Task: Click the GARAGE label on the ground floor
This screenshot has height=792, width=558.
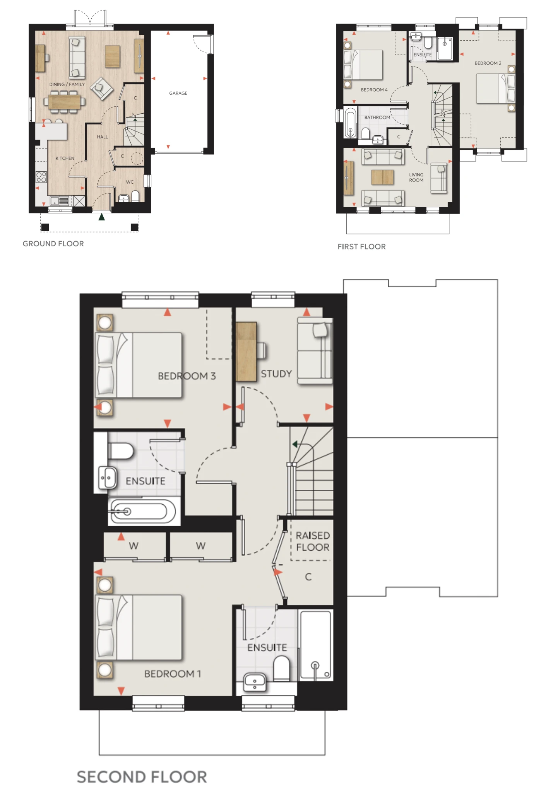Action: (178, 93)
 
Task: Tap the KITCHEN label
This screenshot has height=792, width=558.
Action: (65, 158)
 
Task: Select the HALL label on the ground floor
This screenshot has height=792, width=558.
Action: (103, 137)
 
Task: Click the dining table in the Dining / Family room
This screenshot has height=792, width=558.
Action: (65, 102)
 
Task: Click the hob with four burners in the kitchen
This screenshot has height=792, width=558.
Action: (41, 177)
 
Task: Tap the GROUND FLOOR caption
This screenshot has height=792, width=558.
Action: (53, 244)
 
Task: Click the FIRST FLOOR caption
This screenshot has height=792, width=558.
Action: (361, 247)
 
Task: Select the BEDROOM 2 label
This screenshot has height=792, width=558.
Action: (488, 63)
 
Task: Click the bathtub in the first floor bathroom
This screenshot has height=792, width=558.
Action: (350, 123)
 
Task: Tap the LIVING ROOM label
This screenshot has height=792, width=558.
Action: (416, 178)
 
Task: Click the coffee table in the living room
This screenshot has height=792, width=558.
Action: (382, 178)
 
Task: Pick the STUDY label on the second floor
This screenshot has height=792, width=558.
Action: (276, 374)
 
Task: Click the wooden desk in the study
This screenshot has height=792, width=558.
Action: (246, 352)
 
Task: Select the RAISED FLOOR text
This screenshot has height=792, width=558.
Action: (313, 541)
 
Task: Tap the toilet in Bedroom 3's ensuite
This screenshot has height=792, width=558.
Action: (121, 451)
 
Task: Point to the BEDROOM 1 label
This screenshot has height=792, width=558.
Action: (173, 674)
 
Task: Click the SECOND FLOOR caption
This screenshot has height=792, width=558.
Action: (142, 777)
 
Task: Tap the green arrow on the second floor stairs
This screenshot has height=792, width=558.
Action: (295, 444)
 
